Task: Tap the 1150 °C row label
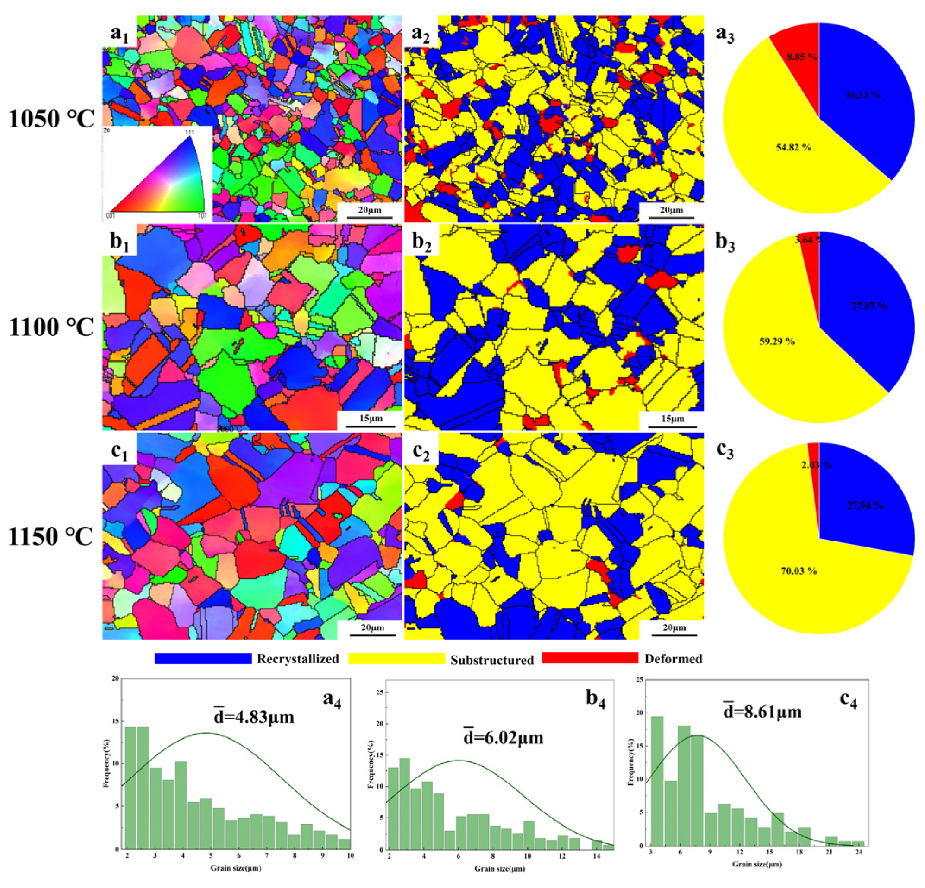pos(51,538)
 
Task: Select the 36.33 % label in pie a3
pos(863,95)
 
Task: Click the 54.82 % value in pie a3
pos(793,147)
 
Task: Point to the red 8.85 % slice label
pos(802,57)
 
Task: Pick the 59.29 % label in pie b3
pos(777,341)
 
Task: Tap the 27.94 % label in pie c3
pos(864,506)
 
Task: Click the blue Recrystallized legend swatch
pos(203,659)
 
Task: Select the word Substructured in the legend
pos(492,660)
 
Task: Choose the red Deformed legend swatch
pos(589,658)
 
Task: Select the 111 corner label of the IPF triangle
pos(189,132)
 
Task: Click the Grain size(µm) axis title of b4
pos(499,869)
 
